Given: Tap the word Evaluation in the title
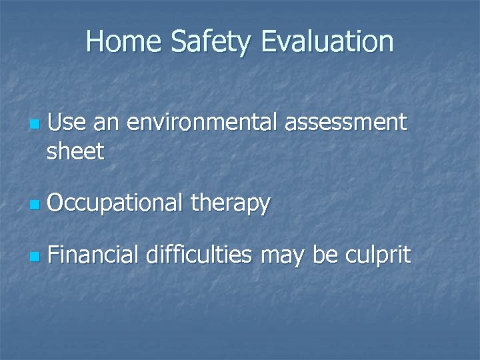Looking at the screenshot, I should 328,41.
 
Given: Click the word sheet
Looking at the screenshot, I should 75,151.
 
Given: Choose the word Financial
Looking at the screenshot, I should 93,255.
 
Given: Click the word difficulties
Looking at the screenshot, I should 199,255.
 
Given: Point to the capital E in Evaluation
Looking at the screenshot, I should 269,41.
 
